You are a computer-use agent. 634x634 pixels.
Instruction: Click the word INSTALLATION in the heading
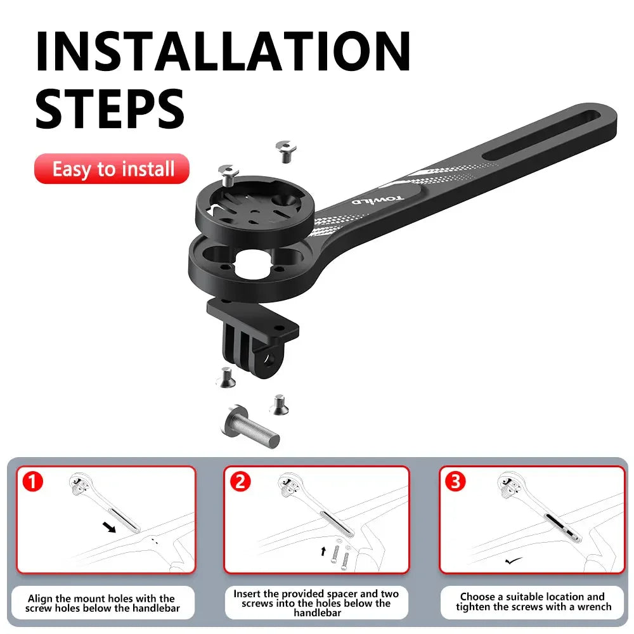(x=223, y=50)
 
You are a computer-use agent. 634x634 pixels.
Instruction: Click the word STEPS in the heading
(x=110, y=108)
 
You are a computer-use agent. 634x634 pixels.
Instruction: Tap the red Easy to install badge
(x=112, y=169)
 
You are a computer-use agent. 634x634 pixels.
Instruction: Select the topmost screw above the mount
(x=287, y=150)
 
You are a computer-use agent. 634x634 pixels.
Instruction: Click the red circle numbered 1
(x=32, y=482)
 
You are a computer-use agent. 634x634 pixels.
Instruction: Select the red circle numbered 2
(x=240, y=482)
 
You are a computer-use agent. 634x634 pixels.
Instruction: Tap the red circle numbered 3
(x=455, y=482)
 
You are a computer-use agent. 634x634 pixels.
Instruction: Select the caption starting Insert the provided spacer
(x=316, y=603)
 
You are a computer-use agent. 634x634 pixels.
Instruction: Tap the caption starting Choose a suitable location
(x=533, y=602)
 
